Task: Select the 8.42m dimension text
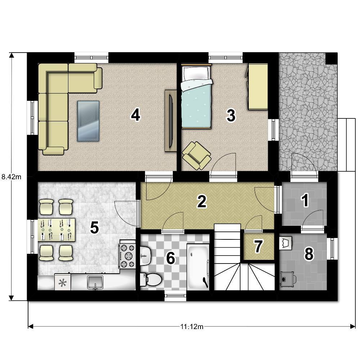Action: point(11,177)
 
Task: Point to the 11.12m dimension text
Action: point(192,327)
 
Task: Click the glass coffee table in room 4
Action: point(89,121)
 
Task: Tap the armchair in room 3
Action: point(197,156)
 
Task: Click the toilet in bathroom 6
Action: point(151,279)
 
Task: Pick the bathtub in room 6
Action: point(198,267)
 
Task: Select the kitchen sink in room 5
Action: point(95,282)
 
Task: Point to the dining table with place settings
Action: point(57,230)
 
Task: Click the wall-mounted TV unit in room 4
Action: point(171,121)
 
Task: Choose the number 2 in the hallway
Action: point(202,201)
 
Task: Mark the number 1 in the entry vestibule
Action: point(305,200)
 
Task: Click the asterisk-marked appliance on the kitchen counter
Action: point(62,282)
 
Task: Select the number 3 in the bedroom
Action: point(231,115)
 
